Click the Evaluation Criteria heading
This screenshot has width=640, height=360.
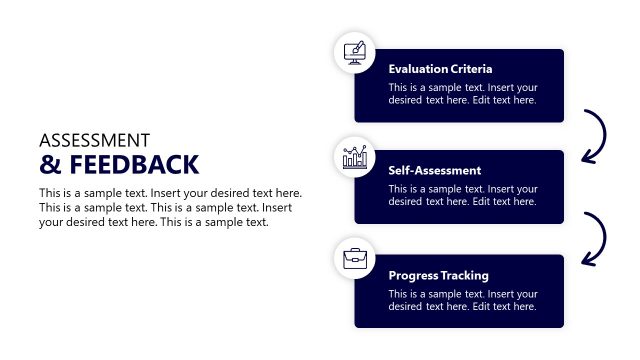440,69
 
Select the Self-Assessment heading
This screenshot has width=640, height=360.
434,170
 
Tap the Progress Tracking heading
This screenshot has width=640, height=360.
438,275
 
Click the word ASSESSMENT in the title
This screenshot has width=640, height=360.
94,140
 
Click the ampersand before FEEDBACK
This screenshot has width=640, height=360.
47,164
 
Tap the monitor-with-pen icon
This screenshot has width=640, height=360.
354,51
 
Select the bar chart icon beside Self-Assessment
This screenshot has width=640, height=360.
354,157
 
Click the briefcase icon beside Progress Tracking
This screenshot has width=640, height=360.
354,258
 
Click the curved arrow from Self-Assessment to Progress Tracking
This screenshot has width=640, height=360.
597,239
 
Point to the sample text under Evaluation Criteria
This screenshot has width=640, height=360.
463,93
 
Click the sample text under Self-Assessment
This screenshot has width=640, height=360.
463,195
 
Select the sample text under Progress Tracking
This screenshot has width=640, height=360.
463,300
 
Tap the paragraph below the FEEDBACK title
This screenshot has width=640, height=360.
170,207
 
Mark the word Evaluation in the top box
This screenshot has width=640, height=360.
417,69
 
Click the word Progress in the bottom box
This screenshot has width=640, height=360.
411,275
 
